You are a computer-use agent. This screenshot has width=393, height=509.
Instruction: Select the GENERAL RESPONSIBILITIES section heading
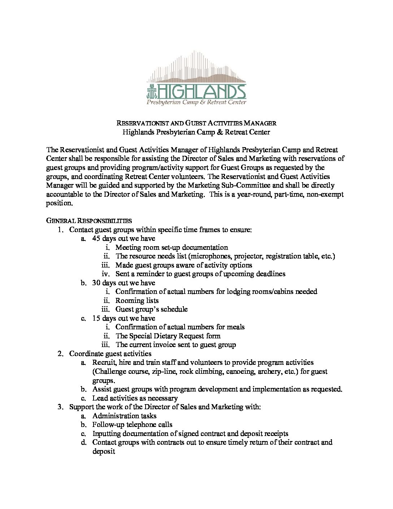(x=89, y=221)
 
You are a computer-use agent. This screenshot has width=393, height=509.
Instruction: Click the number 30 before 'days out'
(x=96, y=283)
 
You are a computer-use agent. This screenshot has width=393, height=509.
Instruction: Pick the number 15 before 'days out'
(x=96, y=318)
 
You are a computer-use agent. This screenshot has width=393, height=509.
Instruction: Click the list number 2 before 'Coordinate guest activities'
(x=60, y=354)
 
